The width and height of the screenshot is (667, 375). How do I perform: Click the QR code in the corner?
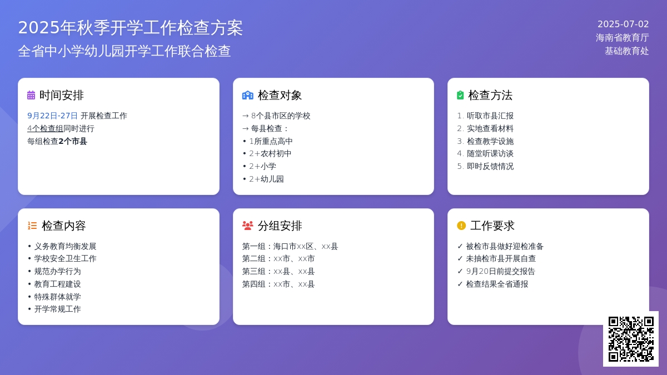631,339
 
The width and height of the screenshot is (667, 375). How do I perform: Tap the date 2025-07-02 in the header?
623,24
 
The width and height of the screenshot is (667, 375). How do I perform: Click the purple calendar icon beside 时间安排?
31,95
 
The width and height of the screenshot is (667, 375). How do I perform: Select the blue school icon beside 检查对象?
248,95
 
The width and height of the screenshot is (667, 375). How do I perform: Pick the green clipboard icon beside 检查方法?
460,95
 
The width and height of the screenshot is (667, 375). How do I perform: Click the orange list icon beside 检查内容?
32,226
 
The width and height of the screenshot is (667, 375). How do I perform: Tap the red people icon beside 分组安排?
248,226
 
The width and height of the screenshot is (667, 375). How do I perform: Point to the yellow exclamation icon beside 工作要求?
461,226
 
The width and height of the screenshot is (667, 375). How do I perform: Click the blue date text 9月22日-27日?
52,116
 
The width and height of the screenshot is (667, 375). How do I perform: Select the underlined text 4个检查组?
45,128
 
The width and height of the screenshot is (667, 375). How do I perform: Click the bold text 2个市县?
73,141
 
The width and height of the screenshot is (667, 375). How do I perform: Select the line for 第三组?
278,272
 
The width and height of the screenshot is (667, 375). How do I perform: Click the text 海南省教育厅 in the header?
623,38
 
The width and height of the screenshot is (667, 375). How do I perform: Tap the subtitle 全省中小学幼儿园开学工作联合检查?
125,51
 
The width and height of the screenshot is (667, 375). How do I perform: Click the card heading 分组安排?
280,226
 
